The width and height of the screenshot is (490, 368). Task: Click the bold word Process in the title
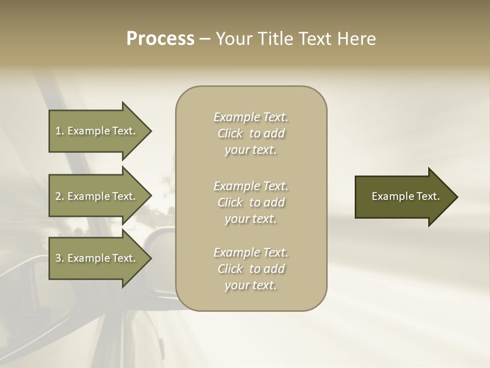160,39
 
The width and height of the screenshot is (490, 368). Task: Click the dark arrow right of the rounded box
403,196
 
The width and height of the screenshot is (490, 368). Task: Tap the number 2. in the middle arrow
60,196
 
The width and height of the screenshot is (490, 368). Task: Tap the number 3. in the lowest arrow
60,258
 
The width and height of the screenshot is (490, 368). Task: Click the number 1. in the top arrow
59,131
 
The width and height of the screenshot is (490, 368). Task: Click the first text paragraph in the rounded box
251,133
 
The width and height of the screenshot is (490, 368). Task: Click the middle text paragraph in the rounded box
251,202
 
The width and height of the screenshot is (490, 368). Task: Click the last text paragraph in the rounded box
251,269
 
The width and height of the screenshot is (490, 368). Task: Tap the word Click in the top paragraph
230,134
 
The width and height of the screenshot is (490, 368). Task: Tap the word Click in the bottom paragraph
230,269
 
